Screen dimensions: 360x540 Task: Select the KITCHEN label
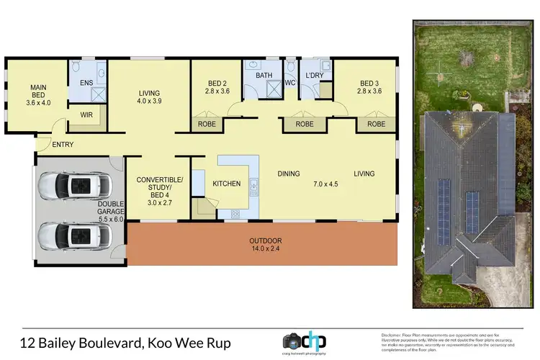coord(226,184)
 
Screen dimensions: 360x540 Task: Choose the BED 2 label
coord(217,87)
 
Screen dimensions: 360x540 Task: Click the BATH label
coord(264,75)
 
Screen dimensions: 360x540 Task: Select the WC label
coord(291,83)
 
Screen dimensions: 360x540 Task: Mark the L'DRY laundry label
coord(314,75)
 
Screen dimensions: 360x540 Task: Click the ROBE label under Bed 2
coord(206,124)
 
